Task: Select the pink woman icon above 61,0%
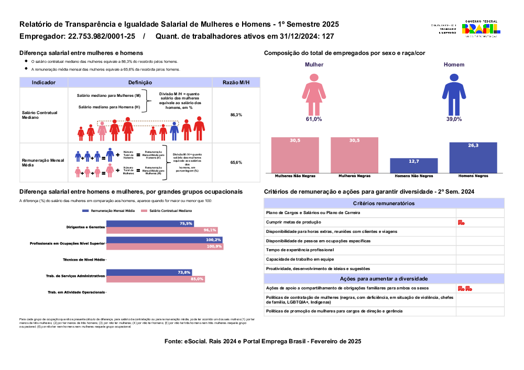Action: [314, 94]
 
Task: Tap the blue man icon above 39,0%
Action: [454, 94]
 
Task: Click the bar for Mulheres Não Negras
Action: [294, 155]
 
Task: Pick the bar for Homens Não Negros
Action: [414, 165]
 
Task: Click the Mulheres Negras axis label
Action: [354, 176]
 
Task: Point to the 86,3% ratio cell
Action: [236, 115]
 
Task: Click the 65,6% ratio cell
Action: [236, 163]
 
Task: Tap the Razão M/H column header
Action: [236, 83]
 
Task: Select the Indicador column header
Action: [43, 83]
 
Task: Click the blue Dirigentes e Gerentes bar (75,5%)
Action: [150, 223]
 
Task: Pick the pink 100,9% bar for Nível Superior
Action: [165, 246]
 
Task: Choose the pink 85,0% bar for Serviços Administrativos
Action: [155, 279]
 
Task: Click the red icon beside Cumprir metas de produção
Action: [461, 222]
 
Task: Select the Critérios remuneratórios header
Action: [384, 203]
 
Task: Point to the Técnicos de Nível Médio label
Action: [83, 260]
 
